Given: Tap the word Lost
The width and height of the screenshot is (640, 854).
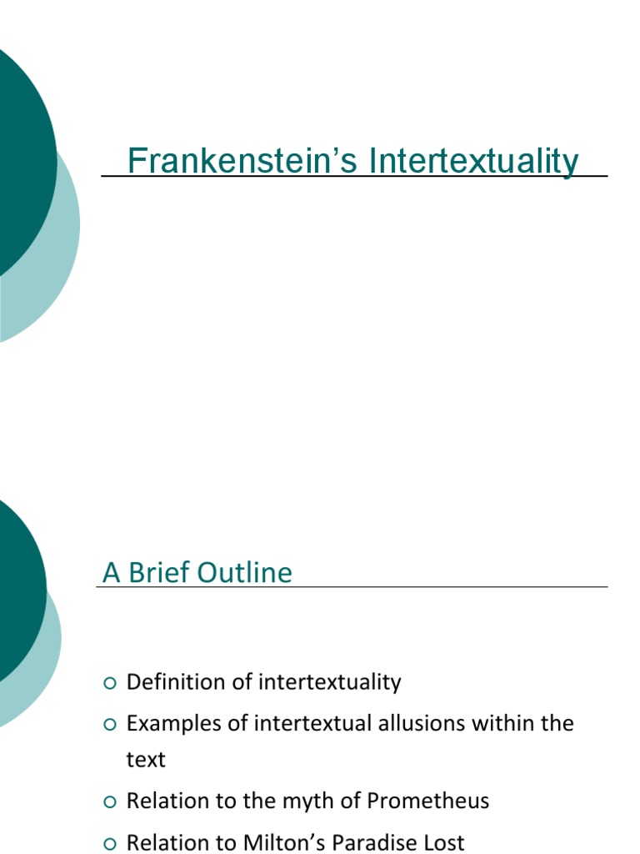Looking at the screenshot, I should (443, 842).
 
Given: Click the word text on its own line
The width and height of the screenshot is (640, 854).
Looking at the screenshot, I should (146, 760).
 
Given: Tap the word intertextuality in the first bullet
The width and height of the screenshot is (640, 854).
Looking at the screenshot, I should (329, 682).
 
